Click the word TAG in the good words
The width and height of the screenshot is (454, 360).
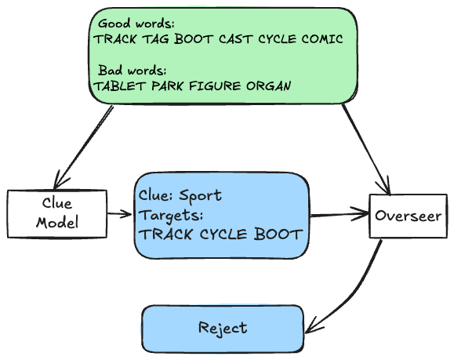[x=156, y=39]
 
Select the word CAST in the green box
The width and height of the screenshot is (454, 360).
[x=235, y=39]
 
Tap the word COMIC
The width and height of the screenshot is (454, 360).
[x=322, y=39]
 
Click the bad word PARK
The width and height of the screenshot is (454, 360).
[x=167, y=86]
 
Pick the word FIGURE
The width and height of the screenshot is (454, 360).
[x=215, y=86]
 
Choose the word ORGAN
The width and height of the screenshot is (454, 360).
[x=269, y=86]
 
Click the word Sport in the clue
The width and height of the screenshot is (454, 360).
[x=201, y=196]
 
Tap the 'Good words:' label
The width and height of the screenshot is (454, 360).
[x=136, y=24]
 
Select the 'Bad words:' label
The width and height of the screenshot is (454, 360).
[x=132, y=71]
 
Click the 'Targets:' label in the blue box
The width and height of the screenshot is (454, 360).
[x=171, y=216]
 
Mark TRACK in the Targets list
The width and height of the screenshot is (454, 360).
[x=165, y=235]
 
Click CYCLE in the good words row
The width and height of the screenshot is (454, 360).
[x=277, y=39]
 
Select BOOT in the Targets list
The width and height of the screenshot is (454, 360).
[x=278, y=235]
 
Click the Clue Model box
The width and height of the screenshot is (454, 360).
[x=57, y=214]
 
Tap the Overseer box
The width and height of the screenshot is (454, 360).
[x=409, y=216]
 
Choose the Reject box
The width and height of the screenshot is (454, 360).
[x=223, y=329]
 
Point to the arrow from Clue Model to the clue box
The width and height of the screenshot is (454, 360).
[x=119, y=214]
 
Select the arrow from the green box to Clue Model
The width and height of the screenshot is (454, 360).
[x=83, y=147]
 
